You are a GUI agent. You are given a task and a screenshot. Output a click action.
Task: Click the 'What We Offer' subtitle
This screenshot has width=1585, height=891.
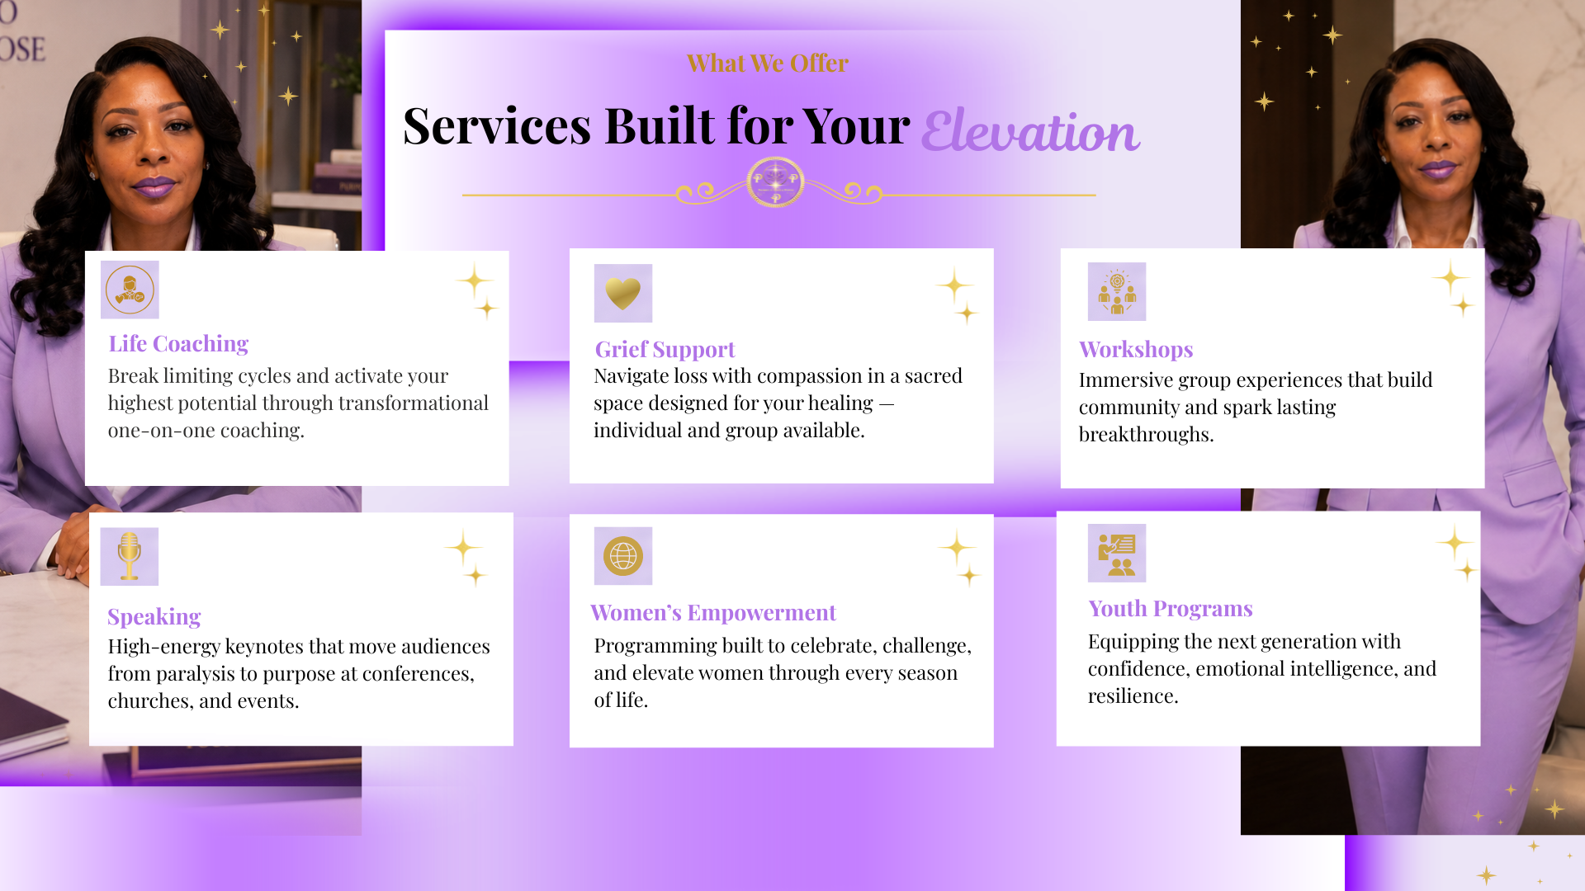click(x=767, y=64)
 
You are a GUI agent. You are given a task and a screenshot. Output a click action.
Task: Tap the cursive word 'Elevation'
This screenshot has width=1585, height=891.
click(x=1030, y=131)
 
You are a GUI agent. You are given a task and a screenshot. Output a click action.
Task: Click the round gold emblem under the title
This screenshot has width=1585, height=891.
click(x=775, y=181)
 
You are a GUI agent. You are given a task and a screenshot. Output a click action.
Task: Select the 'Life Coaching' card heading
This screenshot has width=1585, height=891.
click(x=178, y=343)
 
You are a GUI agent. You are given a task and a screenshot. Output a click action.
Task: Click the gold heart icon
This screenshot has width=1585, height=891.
click(x=623, y=293)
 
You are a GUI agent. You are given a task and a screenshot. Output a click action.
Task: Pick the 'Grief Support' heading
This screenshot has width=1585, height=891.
click(x=665, y=350)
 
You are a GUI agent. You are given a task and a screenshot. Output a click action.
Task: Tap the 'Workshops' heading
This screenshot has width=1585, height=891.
click(x=1136, y=349)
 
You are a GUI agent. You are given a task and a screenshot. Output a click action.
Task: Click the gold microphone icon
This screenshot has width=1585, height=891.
click(x=129, y=556)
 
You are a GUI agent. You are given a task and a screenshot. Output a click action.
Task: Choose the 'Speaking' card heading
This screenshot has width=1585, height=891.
click(x=154, y=617)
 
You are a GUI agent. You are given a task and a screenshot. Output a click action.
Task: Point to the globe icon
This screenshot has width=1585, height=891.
click(x=623, y=556)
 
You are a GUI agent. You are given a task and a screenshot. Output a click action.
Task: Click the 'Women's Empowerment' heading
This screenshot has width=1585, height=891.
click(x=713, y=612)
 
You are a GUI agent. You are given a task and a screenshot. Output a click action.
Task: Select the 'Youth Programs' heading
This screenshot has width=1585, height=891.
click(x=1171, y=609)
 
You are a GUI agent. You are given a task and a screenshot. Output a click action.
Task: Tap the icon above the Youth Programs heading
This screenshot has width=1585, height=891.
click(x=1117, y=554)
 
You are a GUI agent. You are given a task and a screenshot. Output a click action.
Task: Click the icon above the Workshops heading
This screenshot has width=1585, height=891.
click(x=1117, y=292)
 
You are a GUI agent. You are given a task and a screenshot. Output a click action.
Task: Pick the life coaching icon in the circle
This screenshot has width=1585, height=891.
click(x=130, y=290)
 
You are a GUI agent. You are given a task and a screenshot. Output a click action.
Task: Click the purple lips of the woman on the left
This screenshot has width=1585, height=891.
click(x=154, y=186)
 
